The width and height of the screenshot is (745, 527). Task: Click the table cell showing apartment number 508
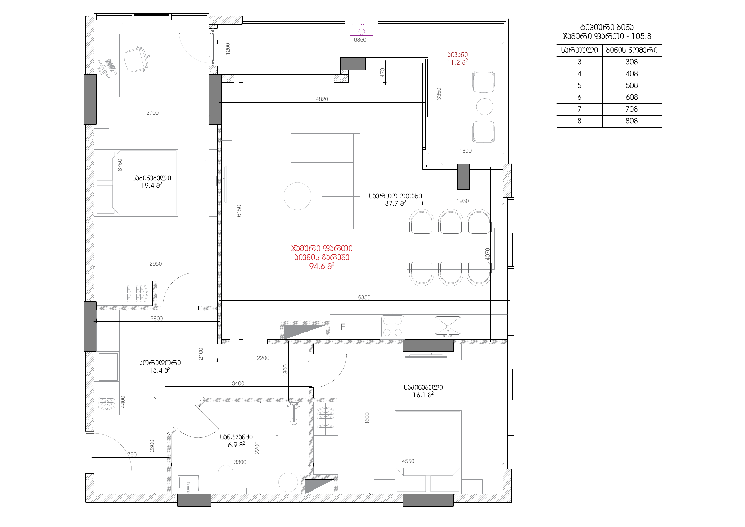[631, 86]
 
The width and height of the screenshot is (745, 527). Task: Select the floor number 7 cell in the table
[579, 109]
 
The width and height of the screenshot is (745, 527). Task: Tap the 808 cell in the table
[631, 121]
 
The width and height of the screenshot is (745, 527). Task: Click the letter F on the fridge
[343, 327]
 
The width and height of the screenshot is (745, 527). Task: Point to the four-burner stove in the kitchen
[393, 327]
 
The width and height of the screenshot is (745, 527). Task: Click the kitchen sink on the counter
[448, 326]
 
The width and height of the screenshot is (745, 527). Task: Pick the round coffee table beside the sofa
[298, 196]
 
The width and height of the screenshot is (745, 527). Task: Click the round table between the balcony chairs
[485, 107]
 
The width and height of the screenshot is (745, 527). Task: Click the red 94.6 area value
[322, 266]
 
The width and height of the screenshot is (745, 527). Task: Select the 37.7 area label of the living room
[395, 203]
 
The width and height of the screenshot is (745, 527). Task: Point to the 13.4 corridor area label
[160, 370]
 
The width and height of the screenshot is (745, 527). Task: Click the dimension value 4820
[322, 99]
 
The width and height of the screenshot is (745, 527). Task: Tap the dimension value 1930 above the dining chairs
[463, 201]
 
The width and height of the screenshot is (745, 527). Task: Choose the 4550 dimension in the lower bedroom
[408, 461]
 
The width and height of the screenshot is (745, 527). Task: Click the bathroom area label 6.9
[236, 445]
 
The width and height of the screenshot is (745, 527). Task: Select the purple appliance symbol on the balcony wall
[361, 30]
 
